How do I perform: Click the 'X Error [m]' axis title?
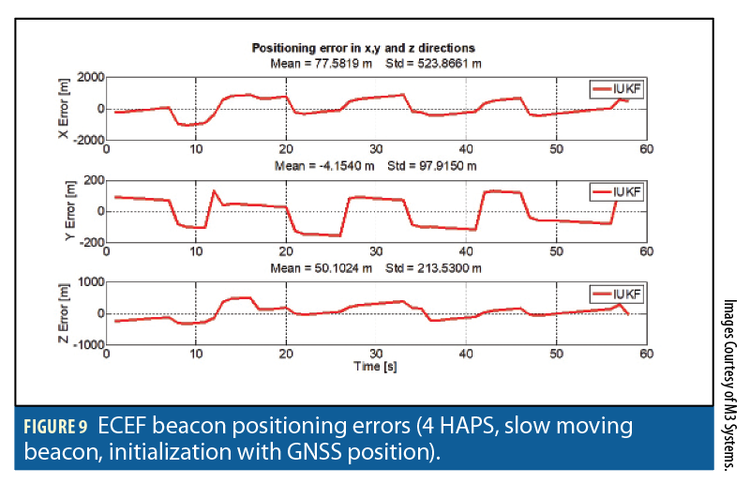[x=65, y=108]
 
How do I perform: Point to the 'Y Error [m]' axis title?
[x=65, y=210]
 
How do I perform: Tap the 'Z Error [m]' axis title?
[x=65, y=313]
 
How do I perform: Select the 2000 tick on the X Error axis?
[x=89, y=77]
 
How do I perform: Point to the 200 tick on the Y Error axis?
[x=94, y=179]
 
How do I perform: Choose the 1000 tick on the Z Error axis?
[x=90, y=282]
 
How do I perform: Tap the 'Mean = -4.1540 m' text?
[x=318, y=165]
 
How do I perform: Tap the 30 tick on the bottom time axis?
[x=376, y=355]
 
